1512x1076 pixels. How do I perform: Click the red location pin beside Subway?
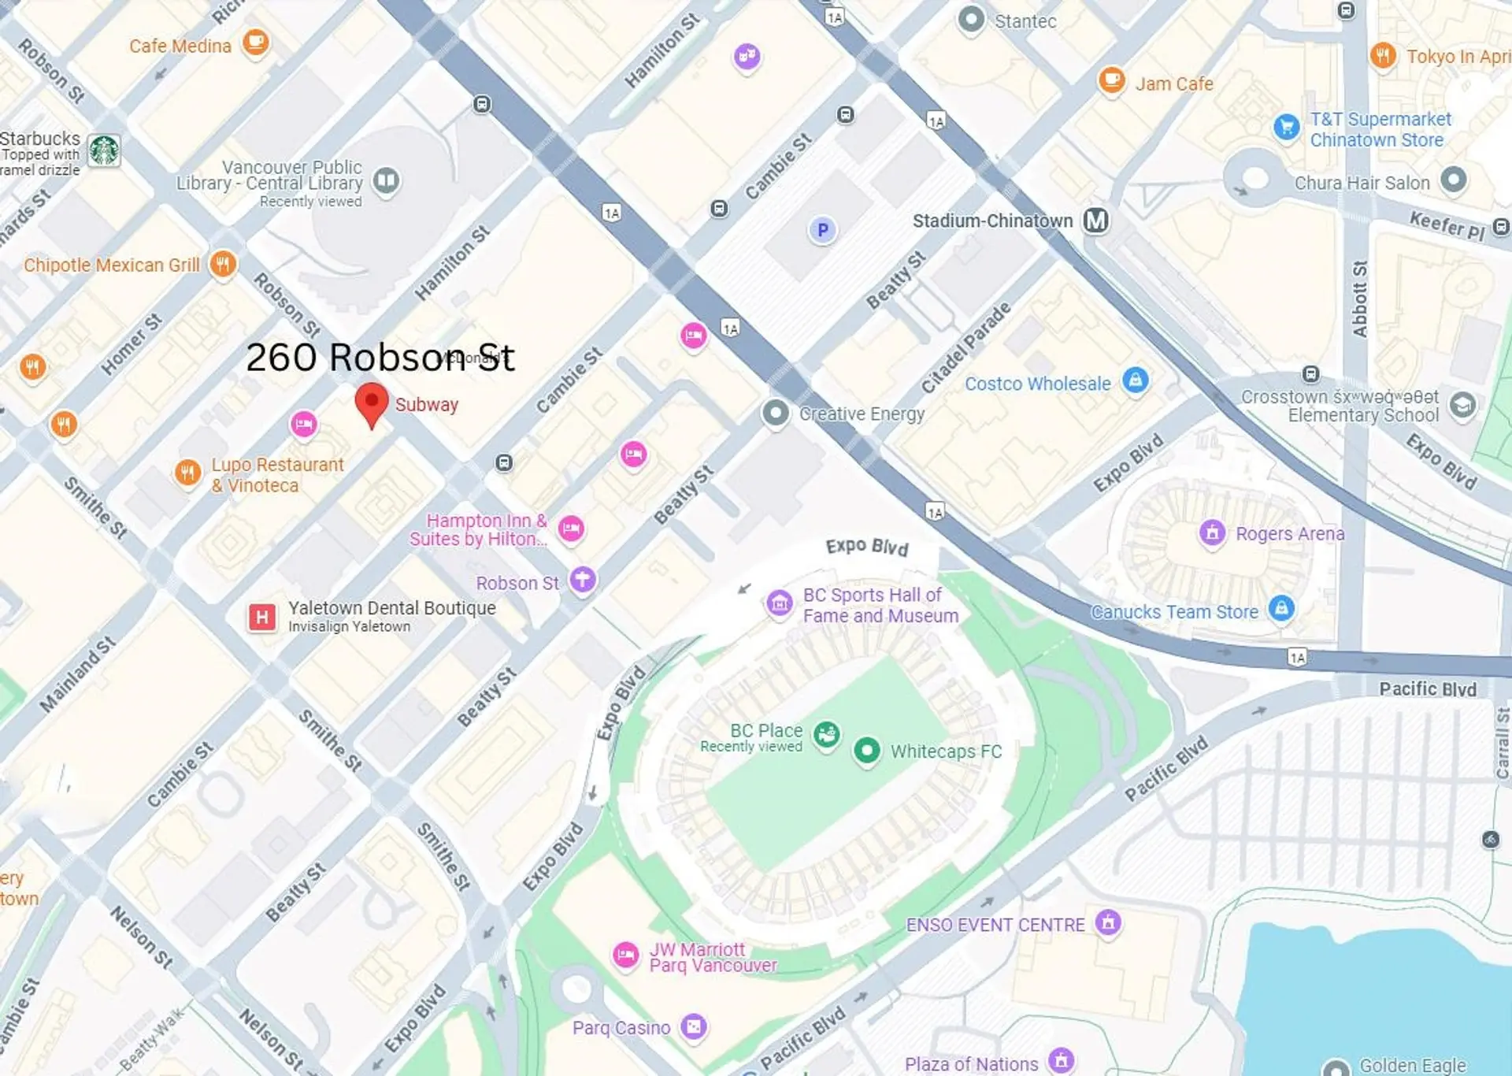pyautogui.click(x=371, y=402)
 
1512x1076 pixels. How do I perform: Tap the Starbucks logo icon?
pyautogui.click(x=104, y=150)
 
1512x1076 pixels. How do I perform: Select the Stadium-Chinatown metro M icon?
pyautogui.click(x=1095, y=221)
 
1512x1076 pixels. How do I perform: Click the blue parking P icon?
pyautogui.click(x=822, y=230)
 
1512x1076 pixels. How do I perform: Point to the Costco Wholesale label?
pyautogui.click(x=1037, y=384)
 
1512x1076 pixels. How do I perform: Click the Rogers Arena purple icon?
pyautogui.click(x=1213, y=533)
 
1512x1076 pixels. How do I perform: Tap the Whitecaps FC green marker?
pyautogui.click(x=867, y=750)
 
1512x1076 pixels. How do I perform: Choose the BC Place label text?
pyautogui.click(x=765, y=730)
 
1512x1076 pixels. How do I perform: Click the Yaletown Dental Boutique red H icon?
pyautogui.click(x=262, y=617)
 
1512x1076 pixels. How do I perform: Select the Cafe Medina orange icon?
pyautogui.click(x=255, y=41)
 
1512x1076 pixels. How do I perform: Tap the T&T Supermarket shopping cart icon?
pyautogui.click(x=1286, y=126)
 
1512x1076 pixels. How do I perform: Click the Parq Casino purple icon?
pyautogui.click(x=694, y=1026)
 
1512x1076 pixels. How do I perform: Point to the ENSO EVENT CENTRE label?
pyautogui.click(x=995, y=925)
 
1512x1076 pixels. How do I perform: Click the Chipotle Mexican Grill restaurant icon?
pyautogui.click(x=223, y=263)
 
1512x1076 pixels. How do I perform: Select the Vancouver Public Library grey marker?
pyautogui.click(x=386, y=180)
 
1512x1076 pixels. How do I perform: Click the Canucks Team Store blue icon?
pyautogui.click(x=1281, y=607)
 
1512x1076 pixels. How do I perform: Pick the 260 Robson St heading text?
pyautogui.click(x=380, y=357)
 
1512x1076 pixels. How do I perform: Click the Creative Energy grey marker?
pyautogui.click(x=776, y=412)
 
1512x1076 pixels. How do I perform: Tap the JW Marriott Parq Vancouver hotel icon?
pyautogui.click(x=626, y=955)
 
